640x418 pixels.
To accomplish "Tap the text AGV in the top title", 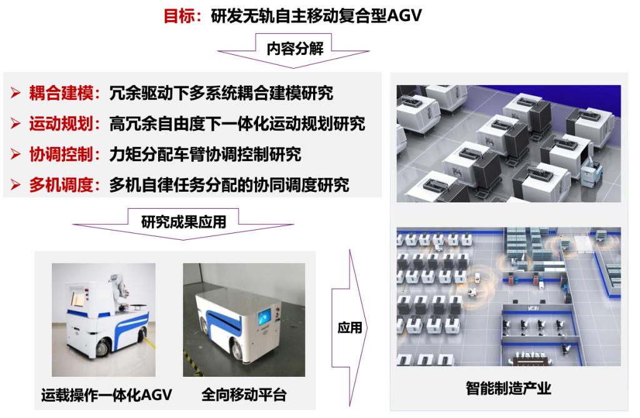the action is [404, 16].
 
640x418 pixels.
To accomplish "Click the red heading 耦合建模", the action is [61, 93].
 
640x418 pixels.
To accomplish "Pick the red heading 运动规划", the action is [61, 124].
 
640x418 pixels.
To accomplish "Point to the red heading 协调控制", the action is [61, 154].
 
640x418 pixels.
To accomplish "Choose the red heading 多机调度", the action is [61, 185].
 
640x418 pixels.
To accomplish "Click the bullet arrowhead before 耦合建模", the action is [16, 93].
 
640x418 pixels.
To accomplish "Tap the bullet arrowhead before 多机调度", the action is [16, 185].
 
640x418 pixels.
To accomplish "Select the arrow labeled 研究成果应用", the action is [183, 224].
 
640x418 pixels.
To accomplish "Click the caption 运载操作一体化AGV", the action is [106, 395].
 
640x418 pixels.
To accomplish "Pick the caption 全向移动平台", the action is [244, 395].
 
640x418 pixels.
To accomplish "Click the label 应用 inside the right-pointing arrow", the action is [350, 327].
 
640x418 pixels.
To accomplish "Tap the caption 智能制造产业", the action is [509, 388].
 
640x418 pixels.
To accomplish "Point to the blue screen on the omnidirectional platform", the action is [264, 316].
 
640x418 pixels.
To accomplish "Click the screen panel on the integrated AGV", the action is [78, 299].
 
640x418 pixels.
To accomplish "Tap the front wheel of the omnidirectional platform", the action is [236, 351].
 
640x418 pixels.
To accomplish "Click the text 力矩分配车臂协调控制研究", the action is [205, 154].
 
